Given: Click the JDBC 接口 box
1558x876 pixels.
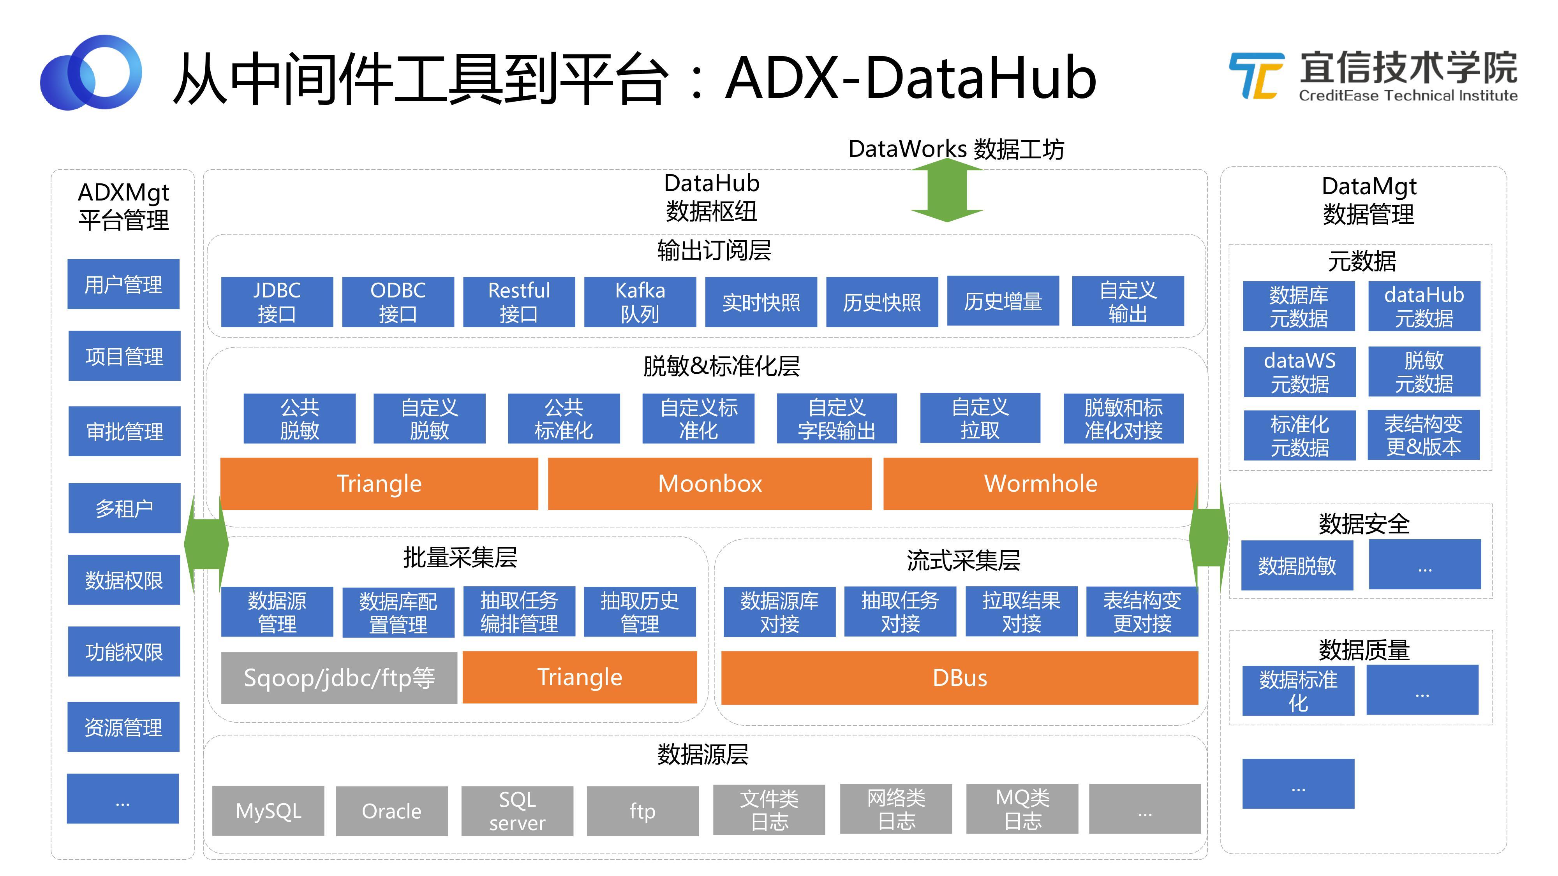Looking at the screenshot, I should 277,302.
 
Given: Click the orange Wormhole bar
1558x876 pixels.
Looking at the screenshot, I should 1040,484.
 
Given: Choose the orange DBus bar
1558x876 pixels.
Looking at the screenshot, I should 959,678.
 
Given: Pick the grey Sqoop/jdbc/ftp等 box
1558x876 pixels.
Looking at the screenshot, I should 339,678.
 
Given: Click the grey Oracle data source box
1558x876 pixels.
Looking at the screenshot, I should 391,811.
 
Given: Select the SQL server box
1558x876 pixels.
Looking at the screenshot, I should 517,811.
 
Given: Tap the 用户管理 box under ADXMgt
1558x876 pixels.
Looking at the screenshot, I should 123,284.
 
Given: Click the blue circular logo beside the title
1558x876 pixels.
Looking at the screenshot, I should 91,72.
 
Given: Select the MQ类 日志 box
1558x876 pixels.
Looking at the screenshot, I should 1022,809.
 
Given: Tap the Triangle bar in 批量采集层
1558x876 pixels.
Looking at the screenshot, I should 580,677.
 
